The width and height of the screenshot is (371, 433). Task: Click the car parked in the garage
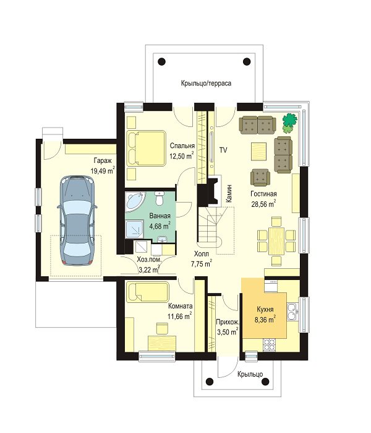pyautogui.click(x=77, y=220)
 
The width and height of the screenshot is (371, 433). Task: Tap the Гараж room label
pyautogui.click(x=103, y=160)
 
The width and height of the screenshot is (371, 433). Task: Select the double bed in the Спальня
pyautogui.click(x=146, y=149)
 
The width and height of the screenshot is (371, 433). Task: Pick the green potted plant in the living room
pyautogui.click(x=289, y=123)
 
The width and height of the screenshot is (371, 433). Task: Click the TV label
pyautogui.click(x=223, y=151)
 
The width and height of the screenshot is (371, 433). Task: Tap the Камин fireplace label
pyautogui.click(x=229, y=194)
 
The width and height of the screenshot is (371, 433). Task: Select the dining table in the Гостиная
pyautogui.click(x=276, y=241)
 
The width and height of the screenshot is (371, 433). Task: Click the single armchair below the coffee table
pyautogui.click(x=260, y=177)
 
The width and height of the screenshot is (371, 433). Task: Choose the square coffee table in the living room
pyautogui.click(x=258, y=151)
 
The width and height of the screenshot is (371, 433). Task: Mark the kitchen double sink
pyautogui.click(x=292, y=312)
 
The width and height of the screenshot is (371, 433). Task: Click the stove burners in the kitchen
pyautogui.click(x=269, y=344)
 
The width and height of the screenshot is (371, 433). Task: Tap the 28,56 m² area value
pyautogui.click(x=263, y=204)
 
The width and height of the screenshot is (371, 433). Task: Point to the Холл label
pyautogui.click(x=201, y=253)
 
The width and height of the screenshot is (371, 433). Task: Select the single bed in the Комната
pyautogui.click(x=147, y=292)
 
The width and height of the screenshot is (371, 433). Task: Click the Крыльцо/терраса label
pyautogui.click(x=206, y=83)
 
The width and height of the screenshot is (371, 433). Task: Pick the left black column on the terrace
pyautogui.click(x=162, y=61)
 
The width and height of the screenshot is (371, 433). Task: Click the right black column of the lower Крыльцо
pyautogui.click(x=265, y=382)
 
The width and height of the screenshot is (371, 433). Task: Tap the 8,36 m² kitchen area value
pyautogui.click(x=265, y=320)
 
